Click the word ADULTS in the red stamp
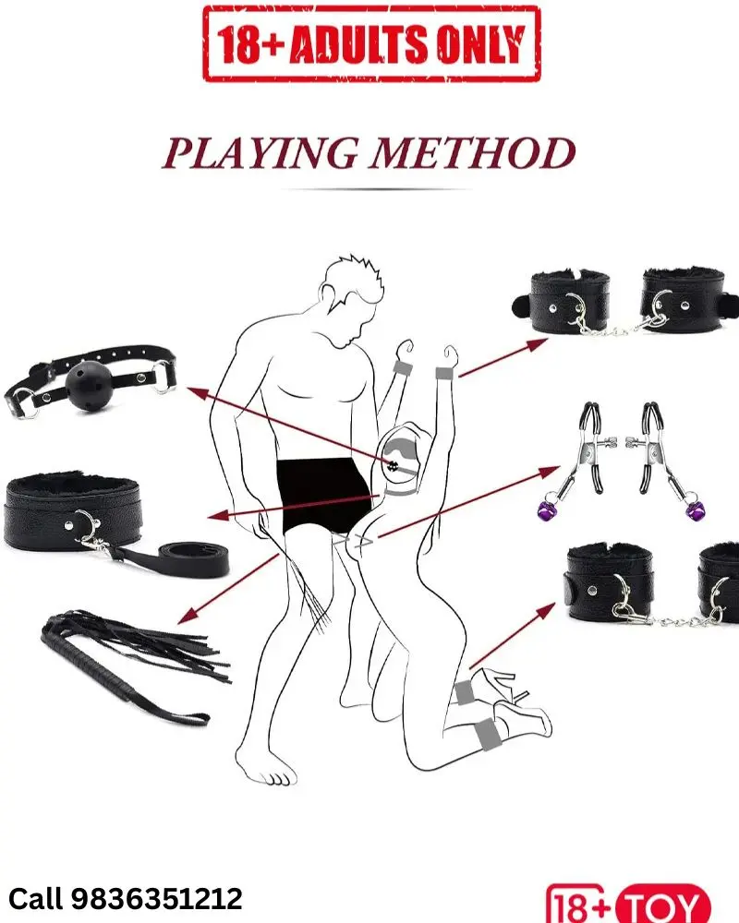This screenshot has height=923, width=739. click(358, 44)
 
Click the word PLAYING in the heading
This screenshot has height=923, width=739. click(260, 153)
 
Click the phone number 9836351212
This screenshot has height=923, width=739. click(157, 899)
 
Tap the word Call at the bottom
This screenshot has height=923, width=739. click(35, 899)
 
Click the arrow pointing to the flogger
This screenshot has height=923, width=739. click(227, 589)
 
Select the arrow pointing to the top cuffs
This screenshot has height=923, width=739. click(503, 357)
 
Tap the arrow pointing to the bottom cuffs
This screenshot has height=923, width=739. click(512, 636)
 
